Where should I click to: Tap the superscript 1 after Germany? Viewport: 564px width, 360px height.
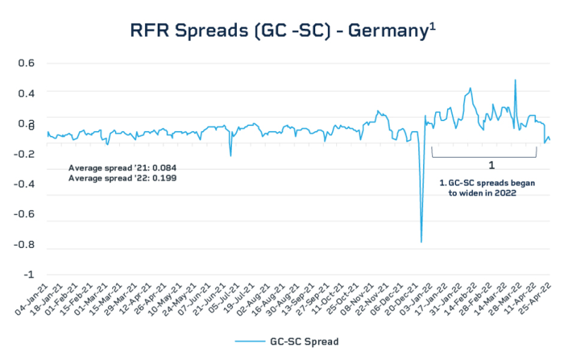pyautogui.click(x=434, y=25)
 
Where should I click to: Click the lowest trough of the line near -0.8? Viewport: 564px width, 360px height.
pyautogui.click(x=422, y=242)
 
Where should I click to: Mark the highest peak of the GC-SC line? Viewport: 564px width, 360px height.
pyautogui.click(x=515, y=80)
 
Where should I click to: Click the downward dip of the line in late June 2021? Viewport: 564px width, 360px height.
pyautogui.click(x=231, y=155)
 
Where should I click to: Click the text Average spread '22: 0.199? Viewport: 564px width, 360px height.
pyautogui.click(x=122, y=179)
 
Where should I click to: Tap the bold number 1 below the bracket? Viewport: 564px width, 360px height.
pyautogui.click(x=491, y=165)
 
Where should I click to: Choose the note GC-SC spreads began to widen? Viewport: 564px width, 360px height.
pyautogui.click(x=486, y=187)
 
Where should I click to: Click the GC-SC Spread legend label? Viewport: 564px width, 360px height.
pyautogui.click(x=305, y=342)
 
